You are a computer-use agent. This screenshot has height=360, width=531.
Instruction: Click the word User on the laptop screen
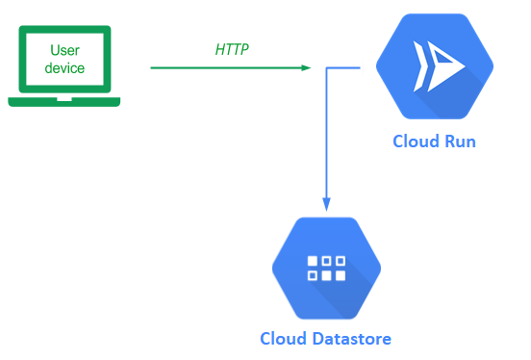point(64,50)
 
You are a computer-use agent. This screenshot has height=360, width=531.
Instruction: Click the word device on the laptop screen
point(64,68)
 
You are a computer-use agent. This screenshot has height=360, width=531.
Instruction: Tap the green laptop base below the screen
point(64,102)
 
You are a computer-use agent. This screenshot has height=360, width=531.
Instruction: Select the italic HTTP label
point(232,49)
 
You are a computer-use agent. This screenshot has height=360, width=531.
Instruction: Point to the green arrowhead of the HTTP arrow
point(306,67)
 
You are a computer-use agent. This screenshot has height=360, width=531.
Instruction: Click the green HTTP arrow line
point(231,67)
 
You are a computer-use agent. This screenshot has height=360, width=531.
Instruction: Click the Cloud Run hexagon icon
point(435,66)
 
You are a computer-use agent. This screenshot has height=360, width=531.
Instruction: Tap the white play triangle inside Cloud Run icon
point(442,66)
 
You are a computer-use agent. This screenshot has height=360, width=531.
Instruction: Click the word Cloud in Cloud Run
point(416,141)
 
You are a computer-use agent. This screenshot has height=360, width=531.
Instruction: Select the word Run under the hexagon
point(460,141)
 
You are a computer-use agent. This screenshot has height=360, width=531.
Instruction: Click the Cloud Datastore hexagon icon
point(326,269)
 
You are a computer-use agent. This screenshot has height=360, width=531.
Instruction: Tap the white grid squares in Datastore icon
point(326,269)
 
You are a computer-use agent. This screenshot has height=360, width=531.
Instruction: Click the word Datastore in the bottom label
point(351,338)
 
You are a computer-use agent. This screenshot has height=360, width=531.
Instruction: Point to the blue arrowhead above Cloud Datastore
point(326,204)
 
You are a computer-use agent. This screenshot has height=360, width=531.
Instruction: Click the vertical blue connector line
point(326,136)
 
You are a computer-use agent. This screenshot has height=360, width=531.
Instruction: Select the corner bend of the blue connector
point(326,67)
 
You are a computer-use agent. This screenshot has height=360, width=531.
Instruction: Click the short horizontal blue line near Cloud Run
point(343,67)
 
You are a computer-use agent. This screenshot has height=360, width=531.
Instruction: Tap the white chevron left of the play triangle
point(419,66)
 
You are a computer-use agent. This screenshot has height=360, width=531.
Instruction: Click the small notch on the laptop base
point(64,99)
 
